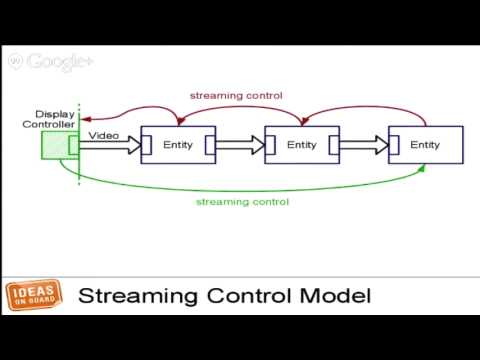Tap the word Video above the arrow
[x=105, y=134]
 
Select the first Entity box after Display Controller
[x=178, y=146]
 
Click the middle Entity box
[x=301, y=146]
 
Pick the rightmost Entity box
[x=425, y=146]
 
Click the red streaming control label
[x=237, y=96]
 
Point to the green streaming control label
[x=242, y=201]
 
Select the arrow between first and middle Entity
[x=239, y=146]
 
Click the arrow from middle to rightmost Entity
[x=363, y=146]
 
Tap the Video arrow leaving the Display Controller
[x=110, y=146]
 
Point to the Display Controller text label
[x=54, y=119]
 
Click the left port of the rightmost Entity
[x=393, y=146]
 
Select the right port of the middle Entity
[x=333, y=146]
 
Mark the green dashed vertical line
[x=79, y=170]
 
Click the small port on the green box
[x=72, y=146]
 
